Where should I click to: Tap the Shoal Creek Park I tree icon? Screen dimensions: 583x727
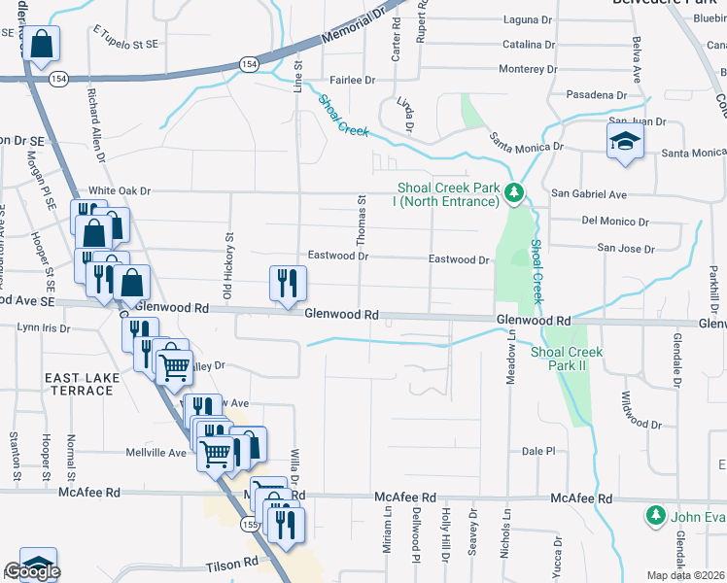[515, 195]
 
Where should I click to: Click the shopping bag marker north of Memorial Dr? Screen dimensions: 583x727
[42, 44]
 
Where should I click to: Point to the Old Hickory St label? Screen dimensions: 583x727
[229, 264]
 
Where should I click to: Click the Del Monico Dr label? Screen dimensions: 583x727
[615, 222]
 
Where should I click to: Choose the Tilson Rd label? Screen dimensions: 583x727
[231, 563]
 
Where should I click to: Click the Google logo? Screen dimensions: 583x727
[32, 572]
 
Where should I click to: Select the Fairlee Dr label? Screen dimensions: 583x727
[353, 81]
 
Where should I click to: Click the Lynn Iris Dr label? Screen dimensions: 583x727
[45, 328]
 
